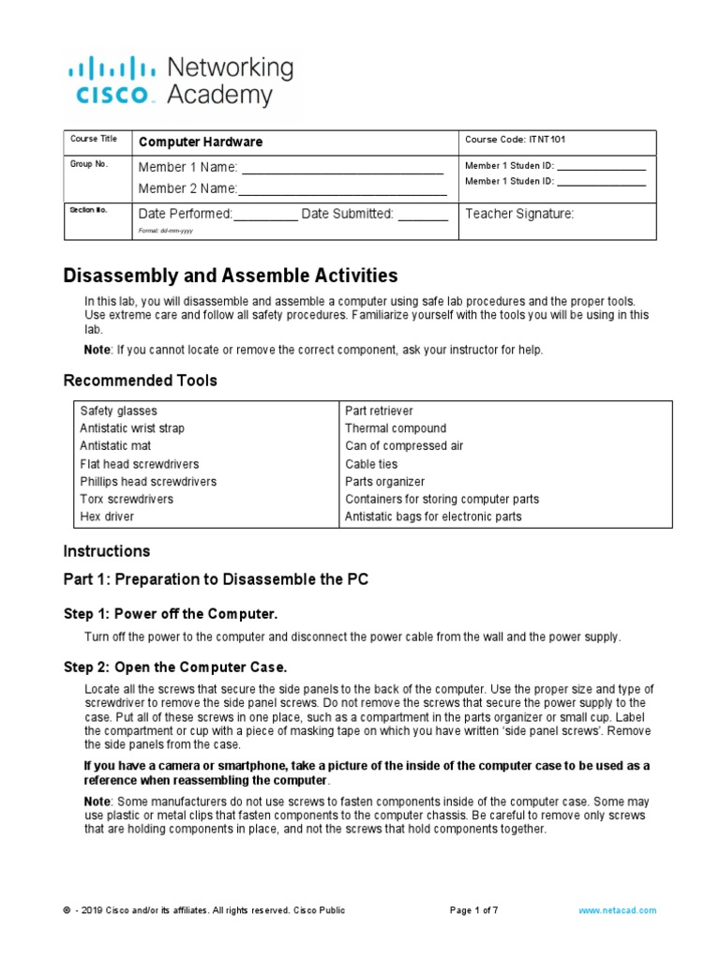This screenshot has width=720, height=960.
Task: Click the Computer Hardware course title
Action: pyautogui.click(x=201, y=142)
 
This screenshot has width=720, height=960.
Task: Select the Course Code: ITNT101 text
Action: pyautogui.click(x=515, y=140)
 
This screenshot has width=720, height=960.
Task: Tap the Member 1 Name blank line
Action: pyautogui.click(x=342, y=171)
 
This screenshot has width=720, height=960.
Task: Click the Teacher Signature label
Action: pyautogui.click(x=519, y=214)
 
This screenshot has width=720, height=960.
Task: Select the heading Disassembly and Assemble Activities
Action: pyautogui.click(x=231, y=276)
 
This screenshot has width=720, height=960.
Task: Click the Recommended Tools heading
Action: pyautogui.click(x=140, y=381)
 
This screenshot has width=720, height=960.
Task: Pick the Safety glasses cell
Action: pyautogui.click(x=119, y=411)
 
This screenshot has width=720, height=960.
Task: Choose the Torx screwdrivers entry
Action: pyautogui.click(x=126, y=499)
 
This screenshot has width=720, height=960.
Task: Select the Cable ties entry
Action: pyautogui.click(x=372, y=464)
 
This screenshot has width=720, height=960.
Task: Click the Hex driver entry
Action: pyautogui.click(x=107, y=517)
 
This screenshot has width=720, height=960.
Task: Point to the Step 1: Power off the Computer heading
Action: pyautogui.click(x=171, y=614)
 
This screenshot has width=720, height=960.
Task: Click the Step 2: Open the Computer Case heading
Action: pyautogui.click(x=174, y=667)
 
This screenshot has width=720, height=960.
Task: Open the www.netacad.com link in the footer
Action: pyautogui.click(x=618, y=910)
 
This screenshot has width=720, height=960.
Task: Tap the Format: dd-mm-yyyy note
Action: pyautogui.click(x=166, y=231)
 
